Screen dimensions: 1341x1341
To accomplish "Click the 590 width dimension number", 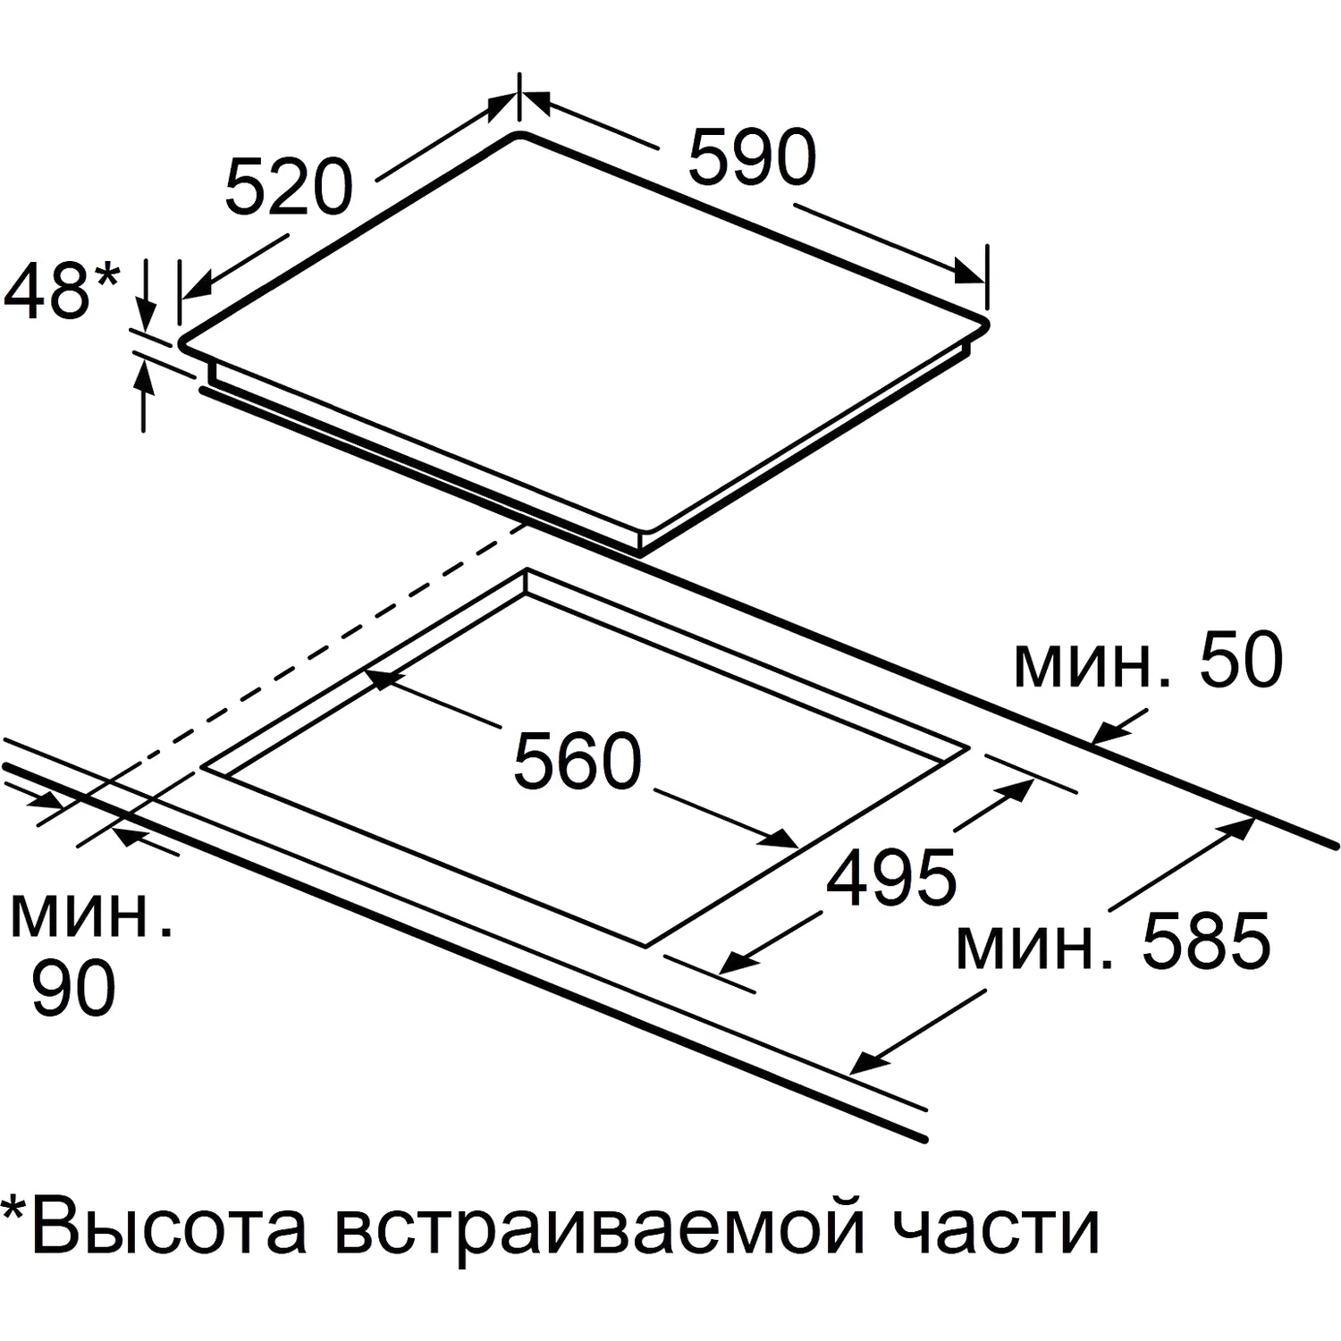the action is [x=752, y=157].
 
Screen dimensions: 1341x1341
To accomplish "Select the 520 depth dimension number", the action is [x=289, y=187].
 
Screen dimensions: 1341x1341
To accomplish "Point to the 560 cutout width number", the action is [x=578, y=761].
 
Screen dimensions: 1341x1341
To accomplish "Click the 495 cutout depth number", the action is [x=891, y=876].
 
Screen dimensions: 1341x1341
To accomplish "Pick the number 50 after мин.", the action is [x=1241, y=660].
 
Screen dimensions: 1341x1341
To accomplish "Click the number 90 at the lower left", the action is [x=73, y=988].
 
